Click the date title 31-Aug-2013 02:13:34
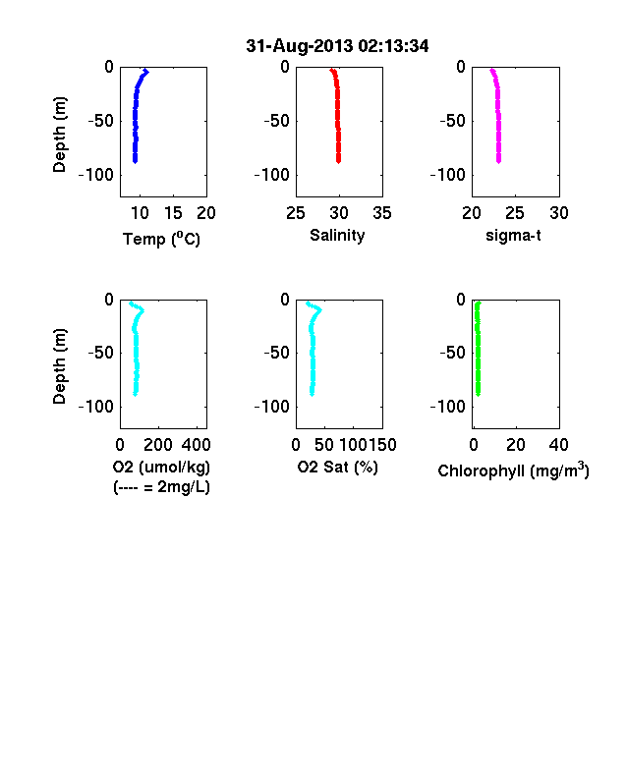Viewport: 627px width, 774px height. click(337, 46)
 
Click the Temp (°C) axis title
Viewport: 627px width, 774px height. click(161, 239)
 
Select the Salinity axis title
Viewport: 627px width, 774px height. click(337, 236)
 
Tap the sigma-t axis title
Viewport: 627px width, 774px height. click(513, 236)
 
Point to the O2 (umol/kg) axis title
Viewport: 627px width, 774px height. click(161, 467)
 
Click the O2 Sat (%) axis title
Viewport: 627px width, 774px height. click(337, 467)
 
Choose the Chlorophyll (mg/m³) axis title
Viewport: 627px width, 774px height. click(513, 470)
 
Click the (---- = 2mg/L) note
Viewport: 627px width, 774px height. click(161, 487)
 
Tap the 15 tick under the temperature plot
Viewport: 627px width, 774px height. click(173, 213)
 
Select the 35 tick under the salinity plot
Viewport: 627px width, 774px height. click(382, 213)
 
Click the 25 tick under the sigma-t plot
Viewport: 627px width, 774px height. click(515, 213)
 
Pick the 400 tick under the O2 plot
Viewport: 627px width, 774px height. click(196, 445)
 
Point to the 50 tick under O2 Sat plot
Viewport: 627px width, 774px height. click(324, 445)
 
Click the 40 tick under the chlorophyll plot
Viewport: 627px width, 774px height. click(559, 445)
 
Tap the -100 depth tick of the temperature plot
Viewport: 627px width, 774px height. click(95, 175)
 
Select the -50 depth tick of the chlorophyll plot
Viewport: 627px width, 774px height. click(452, 353)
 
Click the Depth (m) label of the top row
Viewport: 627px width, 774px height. click(59, 135)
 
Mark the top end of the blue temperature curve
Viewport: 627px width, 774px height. click(146, 72)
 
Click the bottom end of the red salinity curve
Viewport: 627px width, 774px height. click(339, 161)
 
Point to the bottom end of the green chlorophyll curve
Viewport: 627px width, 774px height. click(478, 394)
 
